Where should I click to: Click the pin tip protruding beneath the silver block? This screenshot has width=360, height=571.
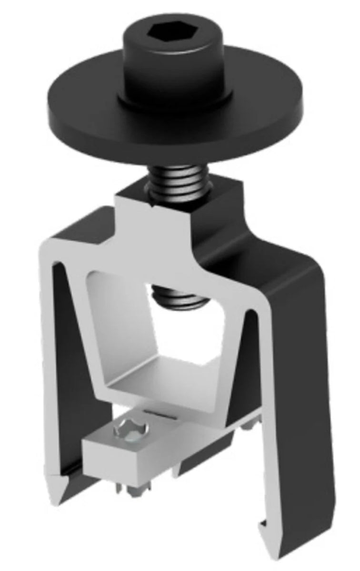[138, 490]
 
